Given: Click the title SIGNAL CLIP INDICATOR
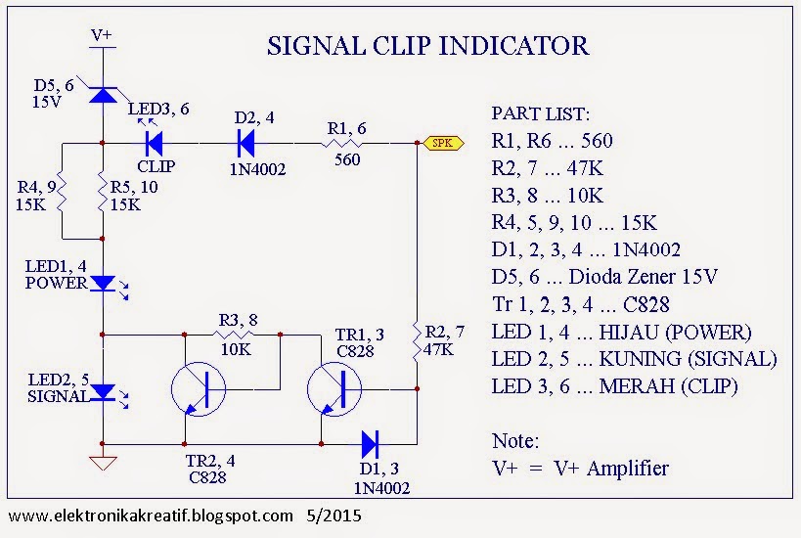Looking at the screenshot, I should click(x=429, y=46).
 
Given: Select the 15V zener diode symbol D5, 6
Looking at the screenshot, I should click(x=103, y=95).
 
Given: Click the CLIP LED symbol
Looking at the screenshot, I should click(x=153, y=143).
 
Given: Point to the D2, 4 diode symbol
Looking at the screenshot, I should click(x=245, y=143).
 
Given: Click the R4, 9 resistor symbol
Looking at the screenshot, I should click(x=61, y=192).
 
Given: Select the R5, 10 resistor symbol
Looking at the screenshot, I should click(x=103, y=191).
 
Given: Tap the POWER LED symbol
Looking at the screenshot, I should click(x=103, y=284).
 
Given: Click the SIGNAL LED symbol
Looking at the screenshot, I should click(x=103, y=392).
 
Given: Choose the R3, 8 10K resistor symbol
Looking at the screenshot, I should click(x=233, y=334).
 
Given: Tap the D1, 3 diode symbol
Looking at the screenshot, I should click(x=370, y=444).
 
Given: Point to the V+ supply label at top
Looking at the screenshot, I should click(x=102, y=35).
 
